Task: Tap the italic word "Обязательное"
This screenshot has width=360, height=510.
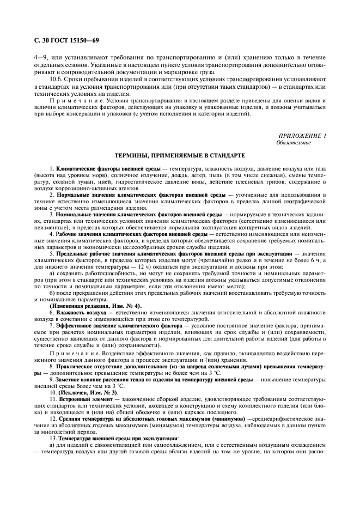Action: tap(294, 142)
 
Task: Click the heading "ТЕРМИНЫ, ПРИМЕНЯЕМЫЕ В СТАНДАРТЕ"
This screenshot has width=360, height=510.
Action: tap(180, 156)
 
